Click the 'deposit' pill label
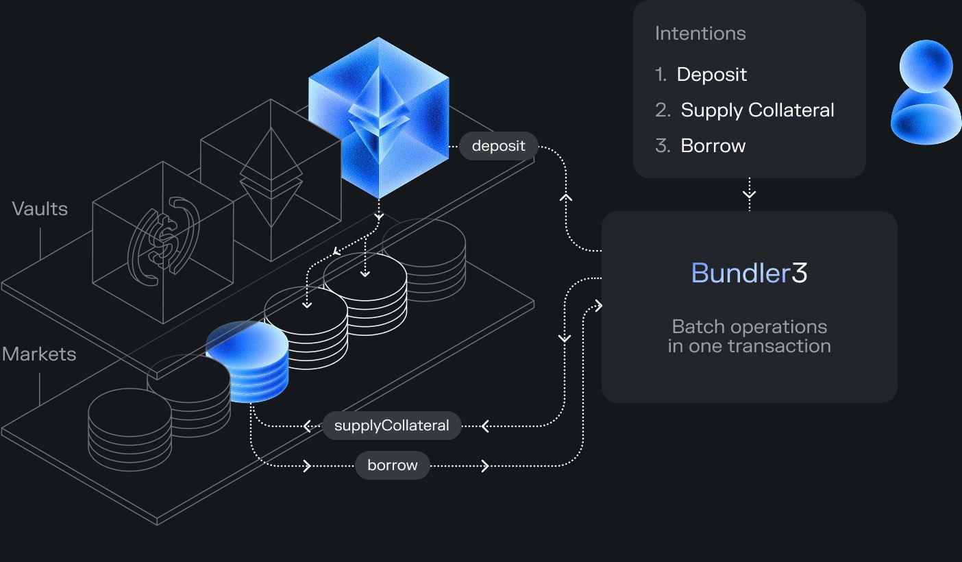498,146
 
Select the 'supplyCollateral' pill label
392,426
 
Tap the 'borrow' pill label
392,465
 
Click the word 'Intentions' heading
700,34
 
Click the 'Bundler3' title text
749,273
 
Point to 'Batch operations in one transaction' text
749,336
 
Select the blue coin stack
248,362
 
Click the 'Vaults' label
40,208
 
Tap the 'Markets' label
39,354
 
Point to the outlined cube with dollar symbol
163,243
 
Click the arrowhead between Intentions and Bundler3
750,195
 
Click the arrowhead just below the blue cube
378,216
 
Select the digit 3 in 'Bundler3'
800,273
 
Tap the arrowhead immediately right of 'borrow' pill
485,466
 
